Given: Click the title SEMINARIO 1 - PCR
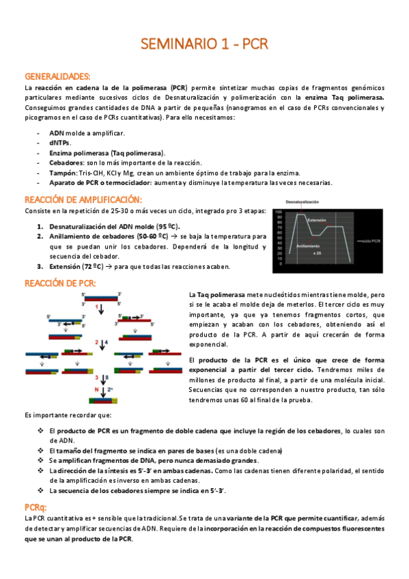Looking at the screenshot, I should [x=204, y=44].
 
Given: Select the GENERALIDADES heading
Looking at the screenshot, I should [x=57, y=77].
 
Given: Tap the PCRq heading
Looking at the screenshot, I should [x=36, y=507].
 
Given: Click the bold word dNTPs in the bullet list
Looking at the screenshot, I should [x=60, y=143].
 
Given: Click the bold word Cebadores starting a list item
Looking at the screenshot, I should [x=66, y=163].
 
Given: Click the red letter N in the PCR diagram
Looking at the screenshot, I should [x=97, y=391].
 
